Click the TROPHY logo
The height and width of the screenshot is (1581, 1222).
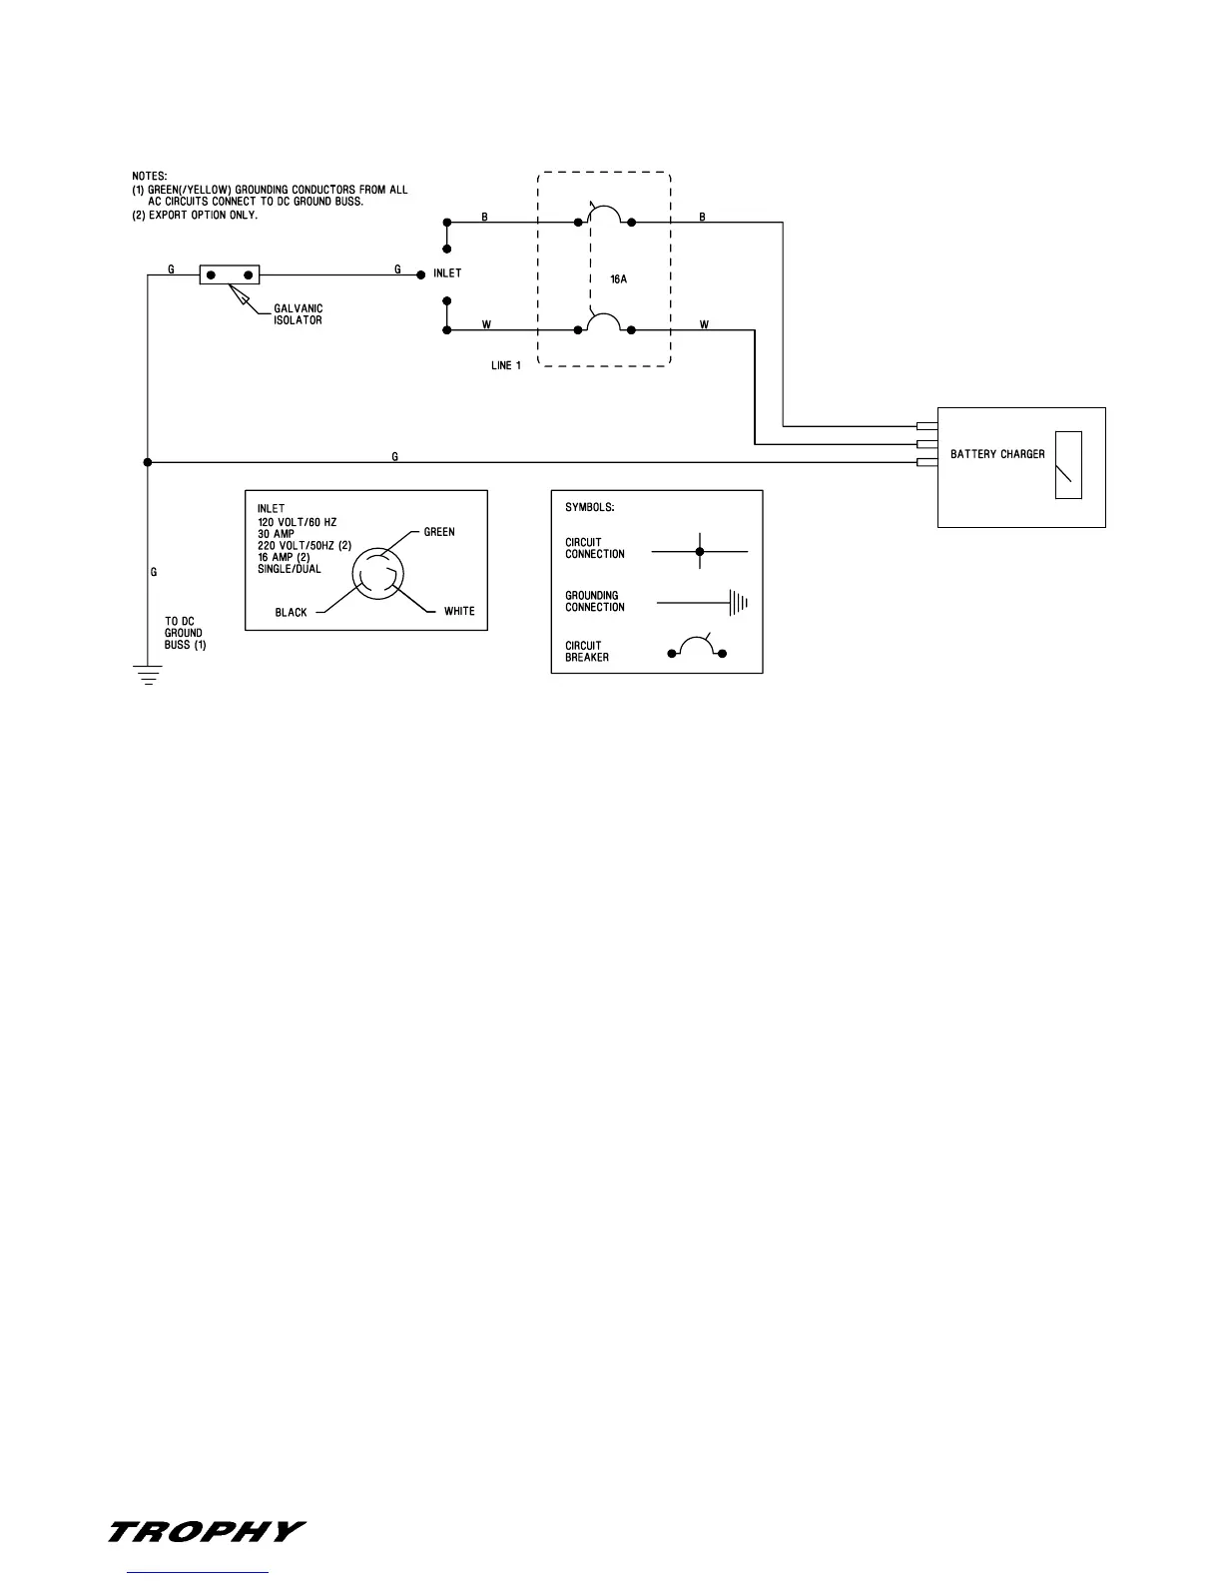point(206,1531)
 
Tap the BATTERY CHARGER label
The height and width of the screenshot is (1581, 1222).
point(997,454)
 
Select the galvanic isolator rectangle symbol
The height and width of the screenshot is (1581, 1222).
point(230,274)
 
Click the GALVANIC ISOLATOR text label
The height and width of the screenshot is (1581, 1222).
point(299,314)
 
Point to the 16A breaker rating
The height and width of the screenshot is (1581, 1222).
point(618,279)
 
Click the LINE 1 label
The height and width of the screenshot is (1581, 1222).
point(506,365)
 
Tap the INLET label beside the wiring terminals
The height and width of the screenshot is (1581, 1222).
point(447,272)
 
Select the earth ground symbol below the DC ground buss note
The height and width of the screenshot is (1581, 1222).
point(148,677)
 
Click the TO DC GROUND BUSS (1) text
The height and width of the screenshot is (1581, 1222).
point(186,633)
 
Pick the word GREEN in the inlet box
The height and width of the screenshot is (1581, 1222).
point(439,532)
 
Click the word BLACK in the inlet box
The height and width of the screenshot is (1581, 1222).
point(292,612)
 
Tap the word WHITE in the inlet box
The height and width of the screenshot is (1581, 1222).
point(459,611)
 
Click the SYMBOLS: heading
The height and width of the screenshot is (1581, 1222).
point(590,507)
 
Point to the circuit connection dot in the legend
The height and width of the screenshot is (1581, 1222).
point(700,551)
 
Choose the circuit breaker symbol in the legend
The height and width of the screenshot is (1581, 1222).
point(696,650)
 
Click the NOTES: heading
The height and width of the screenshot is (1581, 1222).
point(150,177)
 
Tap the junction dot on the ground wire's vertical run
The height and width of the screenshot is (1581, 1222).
point(148,462)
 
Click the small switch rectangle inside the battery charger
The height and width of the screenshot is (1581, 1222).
point(1068,464)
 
